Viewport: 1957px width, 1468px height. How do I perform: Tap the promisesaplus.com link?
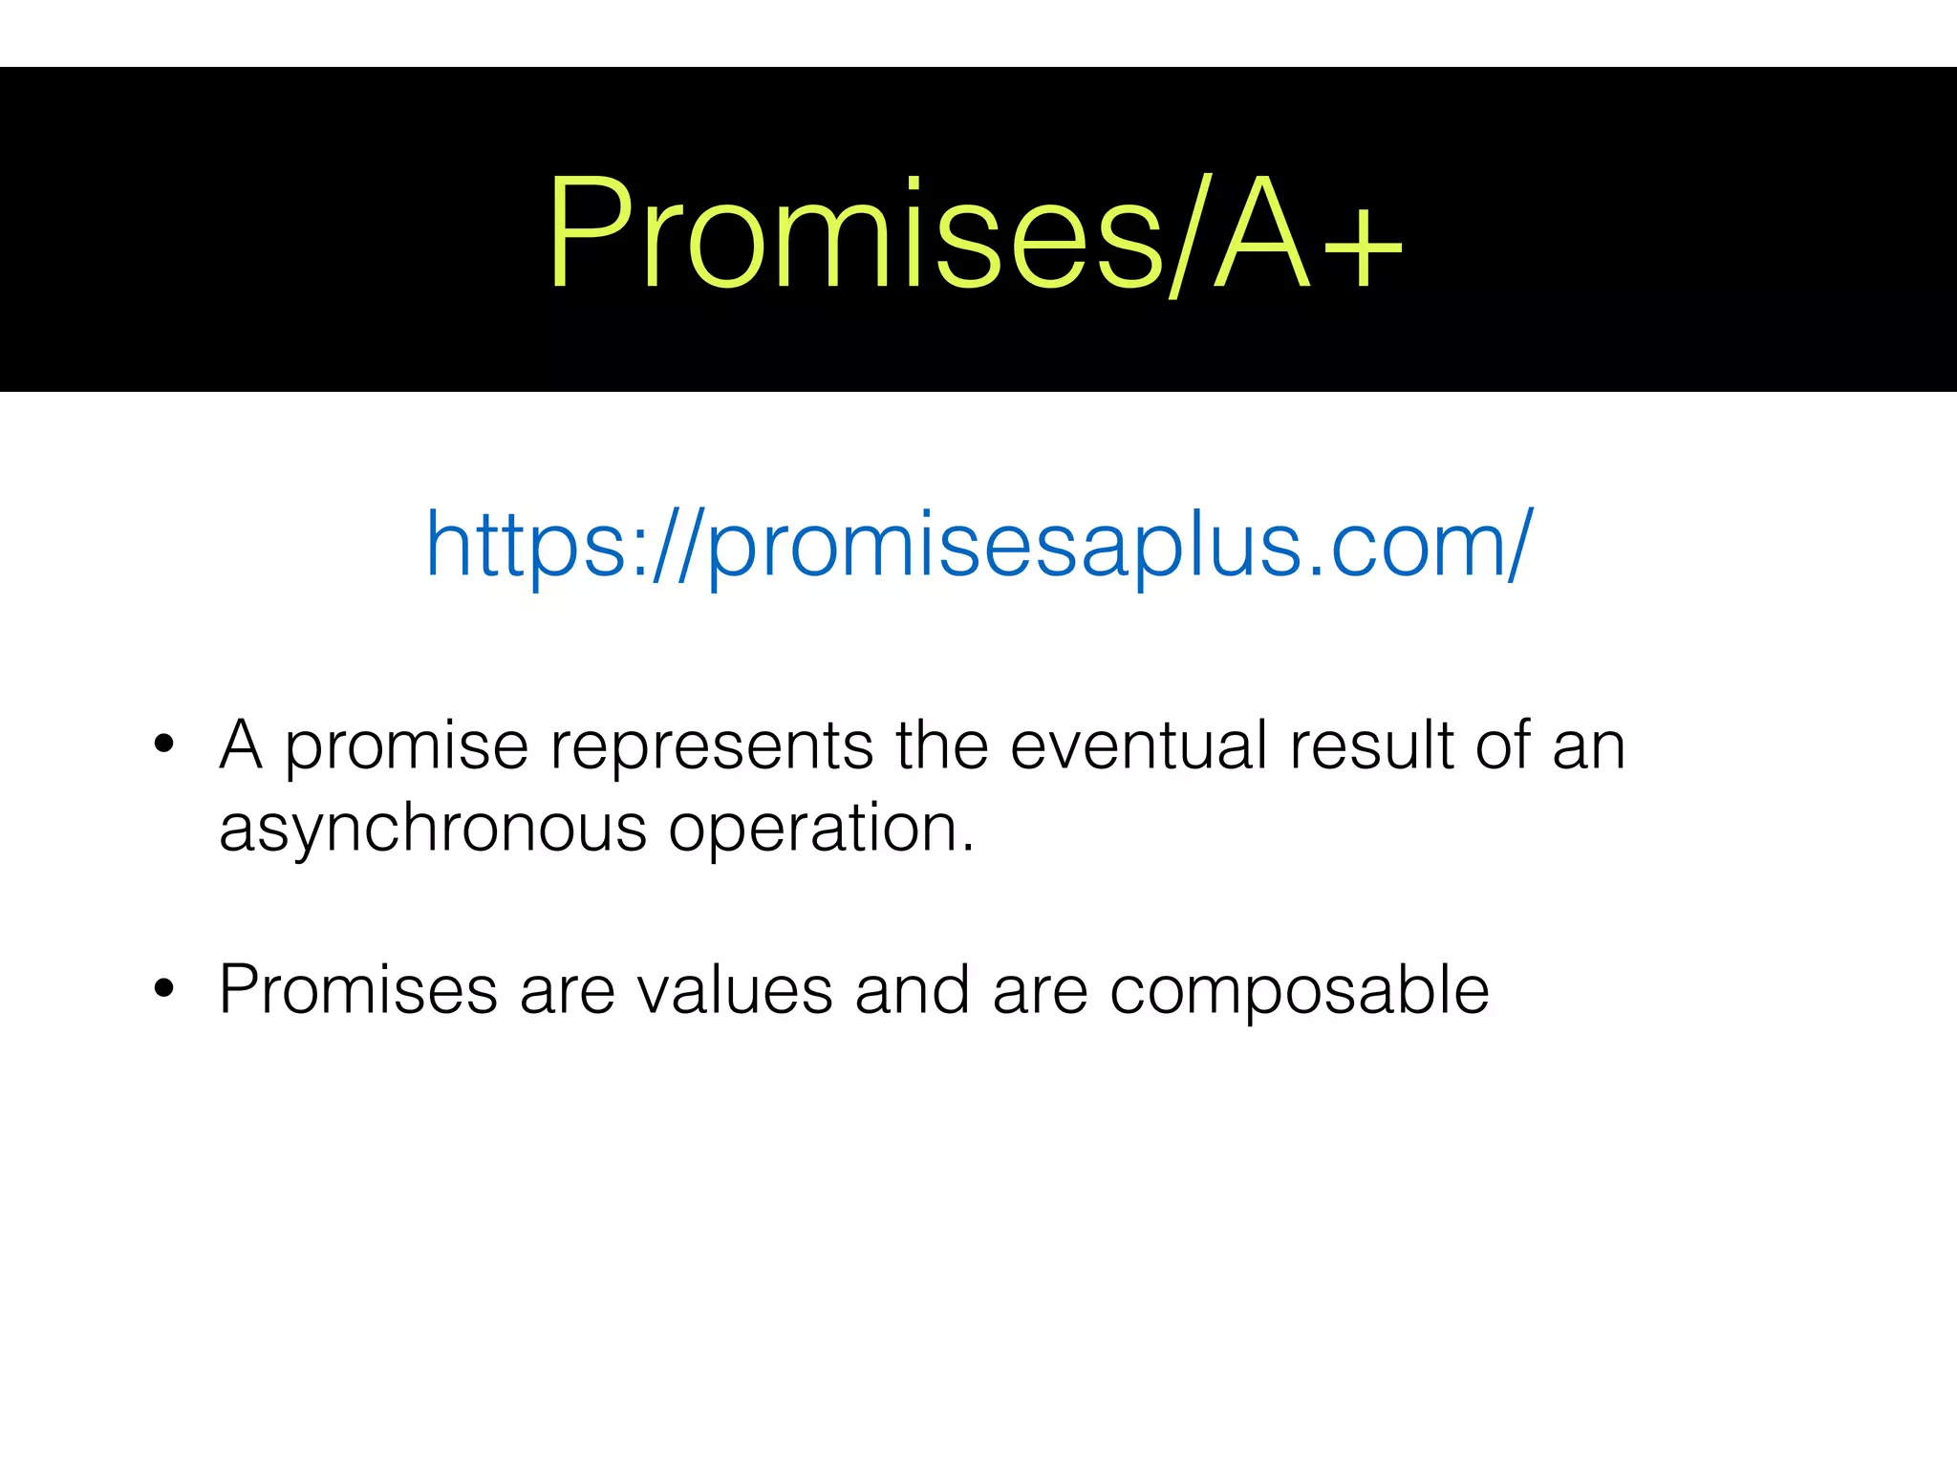979,545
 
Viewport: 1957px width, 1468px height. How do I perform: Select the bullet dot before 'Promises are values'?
163,989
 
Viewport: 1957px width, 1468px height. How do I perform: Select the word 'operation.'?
822,829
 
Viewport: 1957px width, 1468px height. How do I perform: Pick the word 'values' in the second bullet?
735,991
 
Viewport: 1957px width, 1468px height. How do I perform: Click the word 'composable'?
1299,991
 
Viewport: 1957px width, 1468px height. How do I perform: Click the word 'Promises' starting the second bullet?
358,991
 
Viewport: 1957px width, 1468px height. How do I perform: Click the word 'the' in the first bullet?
941,746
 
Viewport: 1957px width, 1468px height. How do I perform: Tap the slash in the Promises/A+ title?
1188,234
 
